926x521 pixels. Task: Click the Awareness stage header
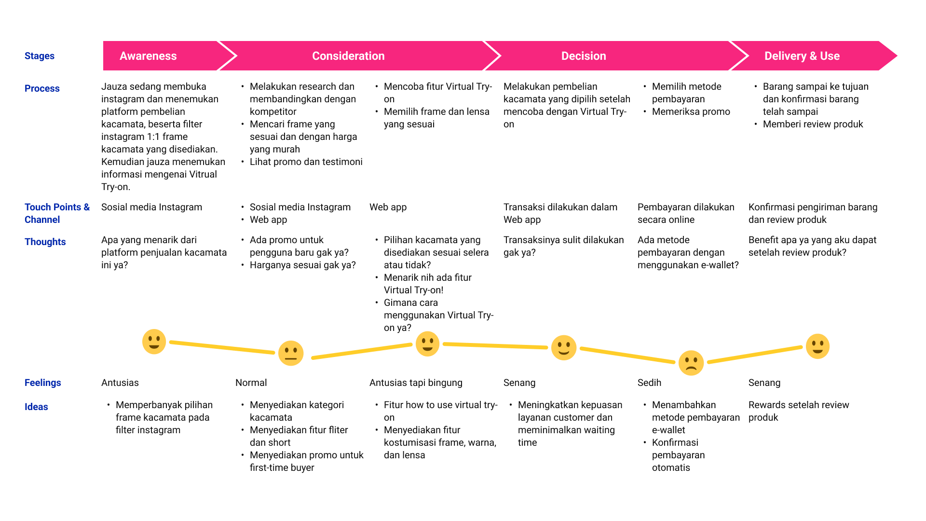click(x=148, y=56)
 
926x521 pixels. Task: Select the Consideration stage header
click(x=348, y=56)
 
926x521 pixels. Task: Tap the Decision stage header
click(x=584, y=56)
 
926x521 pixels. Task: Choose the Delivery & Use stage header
click(x=802, y=56)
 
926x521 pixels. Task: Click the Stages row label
click(x=40, y=56)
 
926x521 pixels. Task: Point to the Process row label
click(x=42, y=88)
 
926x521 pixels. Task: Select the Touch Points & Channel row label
click(x=57, y=213)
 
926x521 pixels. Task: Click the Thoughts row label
click(x=45, y=242)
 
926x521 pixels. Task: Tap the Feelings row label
click(x=42, y=383)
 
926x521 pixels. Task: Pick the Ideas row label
click(x=36, y=407)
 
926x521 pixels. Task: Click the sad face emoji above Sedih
click(x=691, y=363)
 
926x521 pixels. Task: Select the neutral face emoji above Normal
click(x=291, y=353)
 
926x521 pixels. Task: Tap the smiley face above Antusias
click(x=154, y=342)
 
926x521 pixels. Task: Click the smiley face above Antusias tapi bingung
click(x=427, y=343)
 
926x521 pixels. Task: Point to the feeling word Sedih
click(x=649, y=383)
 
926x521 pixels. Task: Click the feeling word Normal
click(x=251, y=383)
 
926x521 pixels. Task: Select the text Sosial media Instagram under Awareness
click(x=151, y=207)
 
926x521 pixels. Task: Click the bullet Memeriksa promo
click(x=691, y=111)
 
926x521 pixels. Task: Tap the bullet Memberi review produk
click(x=813, y=124)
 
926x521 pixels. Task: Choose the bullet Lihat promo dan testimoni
click(x=306, y=162)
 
